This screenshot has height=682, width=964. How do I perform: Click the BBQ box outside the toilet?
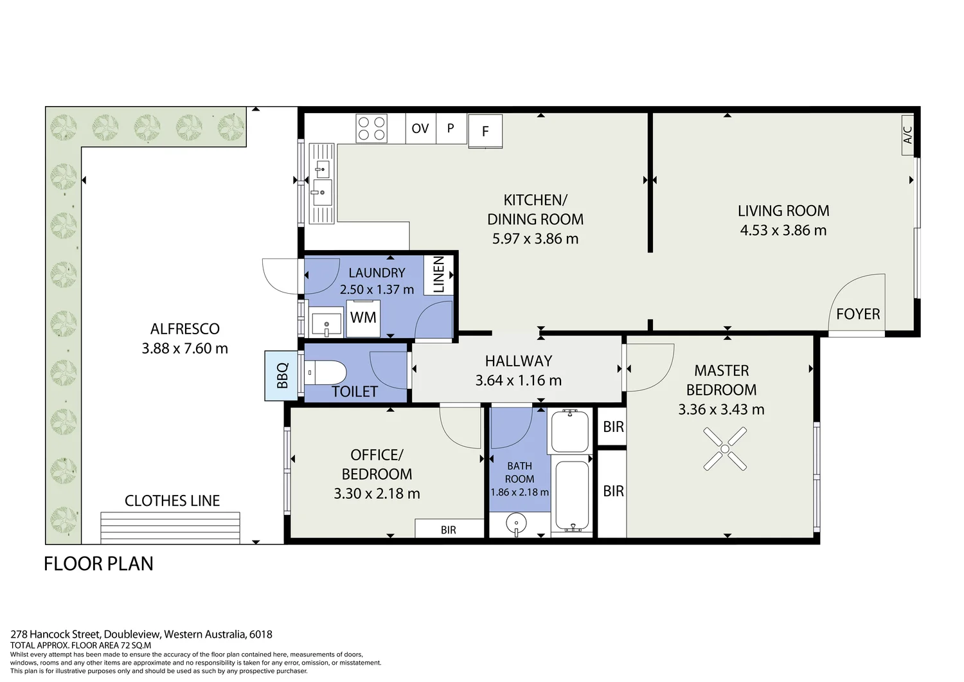(281, 375)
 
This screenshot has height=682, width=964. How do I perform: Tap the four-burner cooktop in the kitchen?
(371, 128)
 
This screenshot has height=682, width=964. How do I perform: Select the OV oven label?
(420, 129)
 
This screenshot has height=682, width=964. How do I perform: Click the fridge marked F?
(485, 131)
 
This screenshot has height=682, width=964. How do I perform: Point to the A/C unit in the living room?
(907, 135)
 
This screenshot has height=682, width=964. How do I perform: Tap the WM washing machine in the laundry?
(363, 318)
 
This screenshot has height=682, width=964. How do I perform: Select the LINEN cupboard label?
(439, 274)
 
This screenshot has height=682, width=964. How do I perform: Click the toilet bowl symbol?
(325, 372)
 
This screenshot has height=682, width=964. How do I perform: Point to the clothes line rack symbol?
(170, 528)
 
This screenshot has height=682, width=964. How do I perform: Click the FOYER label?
(858, 314)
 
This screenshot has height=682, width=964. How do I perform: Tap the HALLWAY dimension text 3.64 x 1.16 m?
(518, 381)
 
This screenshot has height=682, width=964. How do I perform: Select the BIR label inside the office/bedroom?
(449, 530)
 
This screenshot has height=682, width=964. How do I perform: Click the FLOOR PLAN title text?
(98, 564)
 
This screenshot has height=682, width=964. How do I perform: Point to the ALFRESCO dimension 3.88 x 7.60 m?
(185, 348)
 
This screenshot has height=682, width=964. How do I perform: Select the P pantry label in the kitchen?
(451, 128)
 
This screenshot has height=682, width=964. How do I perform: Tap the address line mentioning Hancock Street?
(141, 634)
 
